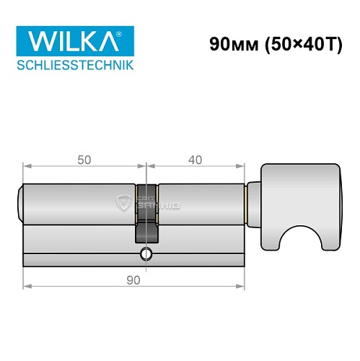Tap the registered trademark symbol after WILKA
click(x=128, y=32)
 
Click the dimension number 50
click(x=84, y=160)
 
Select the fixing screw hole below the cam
click(x=147, y=253)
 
